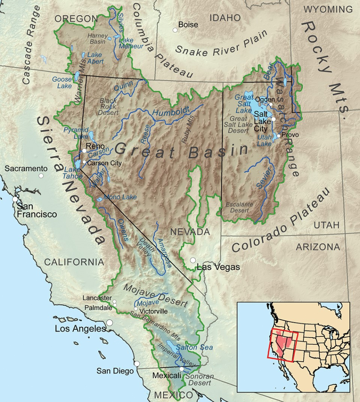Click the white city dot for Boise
[175, 30]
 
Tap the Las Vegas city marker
[193, 260]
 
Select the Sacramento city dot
[41, 175]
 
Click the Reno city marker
[84, 150]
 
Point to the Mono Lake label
[120, 197]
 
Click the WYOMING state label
[328, 9]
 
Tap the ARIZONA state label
[318, 247]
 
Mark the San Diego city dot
[137, 364]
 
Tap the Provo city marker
[278, 136]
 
